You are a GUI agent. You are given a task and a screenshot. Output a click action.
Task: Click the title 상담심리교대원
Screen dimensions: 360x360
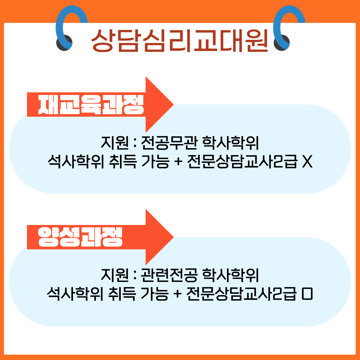pos(180,40)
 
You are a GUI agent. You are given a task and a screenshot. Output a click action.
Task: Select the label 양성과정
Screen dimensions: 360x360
pos(80,237)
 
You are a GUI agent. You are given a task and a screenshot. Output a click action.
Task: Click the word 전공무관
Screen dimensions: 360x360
pos(169,144)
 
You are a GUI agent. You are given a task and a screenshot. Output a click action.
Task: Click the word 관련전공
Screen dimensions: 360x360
pos(169,276)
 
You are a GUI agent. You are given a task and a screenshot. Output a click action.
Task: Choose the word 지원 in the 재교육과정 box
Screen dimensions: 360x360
pos(114,144)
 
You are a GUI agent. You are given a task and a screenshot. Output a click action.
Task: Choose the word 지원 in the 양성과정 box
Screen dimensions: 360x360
pos(114,276)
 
